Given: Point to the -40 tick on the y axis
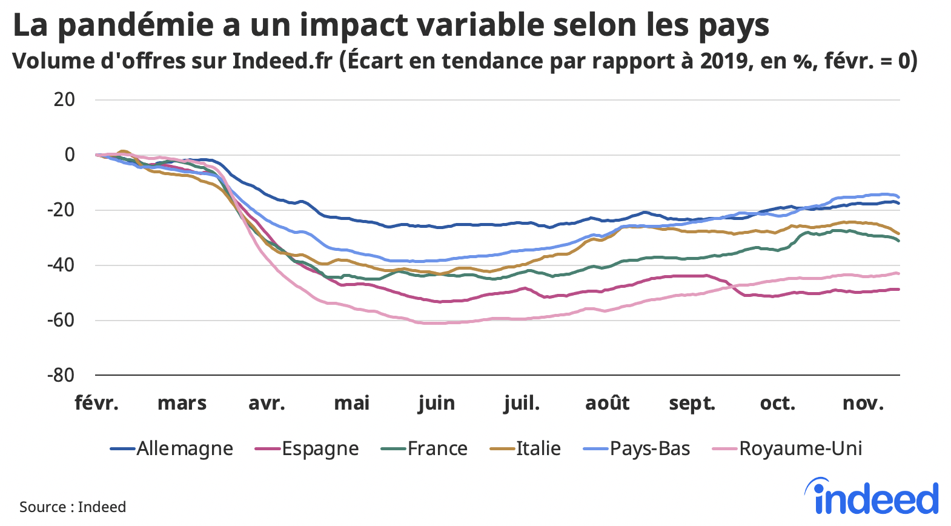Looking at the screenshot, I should pyautogui.click(x=61, y=265).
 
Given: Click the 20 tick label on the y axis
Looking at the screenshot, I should pyautogui.click(x=64, y=100).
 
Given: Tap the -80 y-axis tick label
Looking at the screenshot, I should pyautogui.click(x=61, y=375).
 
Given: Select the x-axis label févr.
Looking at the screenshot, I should pyautogui.click(x=96, y=403).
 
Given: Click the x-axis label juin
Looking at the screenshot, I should pyautogui.click(x=436, y=403).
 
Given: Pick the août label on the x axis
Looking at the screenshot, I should pyautogui.click(x=607, y=403).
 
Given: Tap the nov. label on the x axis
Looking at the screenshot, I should pyautogui.click(x=863, y=403).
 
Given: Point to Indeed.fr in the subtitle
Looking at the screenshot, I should pyautogui.click(x=282, y=61).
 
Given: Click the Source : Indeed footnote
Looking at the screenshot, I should pyautogui.click(x=73, y=507).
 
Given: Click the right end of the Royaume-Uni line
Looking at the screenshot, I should pyautogui.click(x=898, y=273).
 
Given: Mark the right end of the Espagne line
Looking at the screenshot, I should pyautogui.click(x=898, y=289).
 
